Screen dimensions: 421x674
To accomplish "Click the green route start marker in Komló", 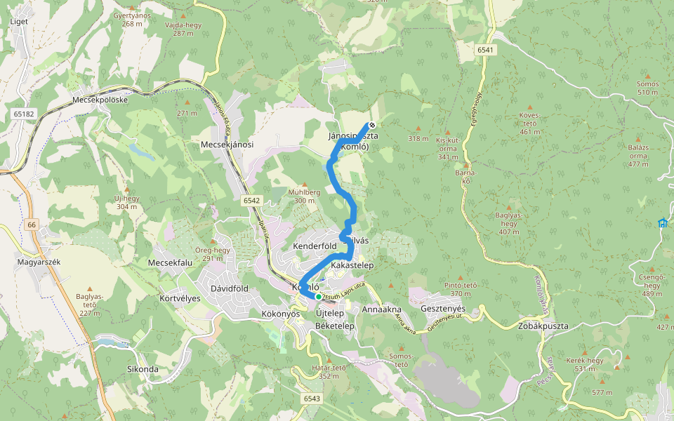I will click(x=318, y=296).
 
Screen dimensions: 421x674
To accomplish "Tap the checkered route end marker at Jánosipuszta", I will click(x=372, y=126).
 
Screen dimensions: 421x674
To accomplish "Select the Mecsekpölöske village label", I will click(x=100, y=100).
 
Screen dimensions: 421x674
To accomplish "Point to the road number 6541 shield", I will click(x=485, y=50).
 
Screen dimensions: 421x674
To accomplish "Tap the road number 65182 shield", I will click(x=22, y=113).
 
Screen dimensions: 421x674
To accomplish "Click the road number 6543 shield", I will click(x=312, y=399).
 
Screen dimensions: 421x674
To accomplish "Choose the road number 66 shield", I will click(x=31, y=224).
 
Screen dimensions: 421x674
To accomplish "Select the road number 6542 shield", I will click(x=252, y=201).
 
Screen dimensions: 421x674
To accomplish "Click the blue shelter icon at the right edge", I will click(x=662, y=223).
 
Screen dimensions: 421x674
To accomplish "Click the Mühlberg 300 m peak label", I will click(x=304, y=196).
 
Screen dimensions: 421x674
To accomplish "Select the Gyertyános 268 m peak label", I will click(x=131, y=19).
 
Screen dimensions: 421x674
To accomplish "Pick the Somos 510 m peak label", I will click(x=647, y=88).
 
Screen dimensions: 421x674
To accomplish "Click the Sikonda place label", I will click(x=143, y=368).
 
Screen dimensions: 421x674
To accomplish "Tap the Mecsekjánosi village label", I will click(x=227, y=145).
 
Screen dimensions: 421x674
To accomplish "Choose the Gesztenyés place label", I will click(x=442, y=309).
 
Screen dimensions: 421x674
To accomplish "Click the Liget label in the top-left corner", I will click(x=20, y=21).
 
